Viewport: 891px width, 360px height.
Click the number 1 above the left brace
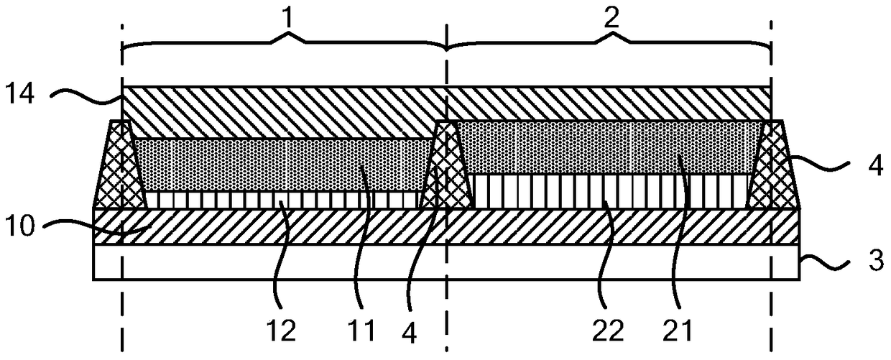click(289, 18)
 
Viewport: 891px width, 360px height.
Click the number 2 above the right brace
click(611, 18)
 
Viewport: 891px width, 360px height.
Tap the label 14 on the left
click(21, 94)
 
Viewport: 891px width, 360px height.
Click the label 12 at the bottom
click(281, 330)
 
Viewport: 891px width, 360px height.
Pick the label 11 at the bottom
click(361, 330)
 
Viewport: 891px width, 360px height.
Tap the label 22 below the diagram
click(608, 330)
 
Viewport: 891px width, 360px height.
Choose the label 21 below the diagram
click(678, 330)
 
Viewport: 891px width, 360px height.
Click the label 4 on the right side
click(875, 165)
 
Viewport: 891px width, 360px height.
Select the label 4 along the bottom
click(410, 332)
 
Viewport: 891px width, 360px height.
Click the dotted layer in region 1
click(282, 165)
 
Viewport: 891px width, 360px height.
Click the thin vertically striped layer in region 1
click(282, 200)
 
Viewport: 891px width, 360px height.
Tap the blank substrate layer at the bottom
click(446, 262)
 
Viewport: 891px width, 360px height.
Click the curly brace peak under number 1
click(289, 34)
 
